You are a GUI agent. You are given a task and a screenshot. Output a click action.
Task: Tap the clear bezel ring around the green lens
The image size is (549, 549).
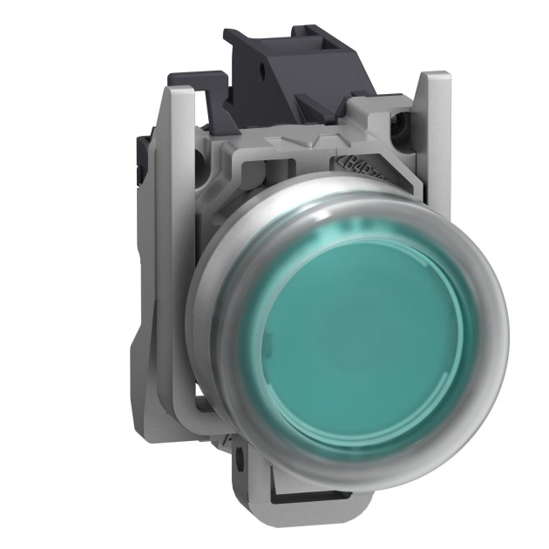click(x=218, y=288)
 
